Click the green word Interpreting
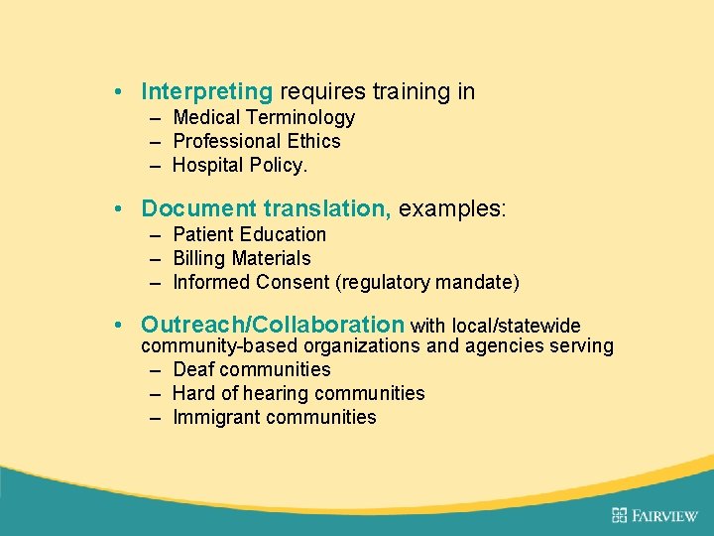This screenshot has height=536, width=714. pos(206,92)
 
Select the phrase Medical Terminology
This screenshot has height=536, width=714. pos(264,117)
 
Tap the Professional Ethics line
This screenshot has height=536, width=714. pos(256,141)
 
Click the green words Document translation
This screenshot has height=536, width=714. pos(266,208)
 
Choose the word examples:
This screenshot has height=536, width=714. pos(452,208)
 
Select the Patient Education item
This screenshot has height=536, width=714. pos(249,234)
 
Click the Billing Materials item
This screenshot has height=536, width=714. pos(241,258)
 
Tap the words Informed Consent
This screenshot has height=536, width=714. pos(252,282)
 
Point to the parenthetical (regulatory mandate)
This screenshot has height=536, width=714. pos(427,282)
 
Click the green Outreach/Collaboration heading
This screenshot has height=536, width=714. pos(273,325)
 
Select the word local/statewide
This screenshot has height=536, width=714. pos(516,326)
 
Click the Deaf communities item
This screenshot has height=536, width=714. pos(251,369)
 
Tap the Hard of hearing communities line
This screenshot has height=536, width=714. pos(298,393)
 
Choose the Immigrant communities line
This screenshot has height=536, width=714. pos(274,417)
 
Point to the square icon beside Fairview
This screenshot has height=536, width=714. pos(620,514)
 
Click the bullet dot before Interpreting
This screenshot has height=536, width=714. pos(117,92)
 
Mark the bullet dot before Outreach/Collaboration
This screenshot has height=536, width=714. pos(117,325)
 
